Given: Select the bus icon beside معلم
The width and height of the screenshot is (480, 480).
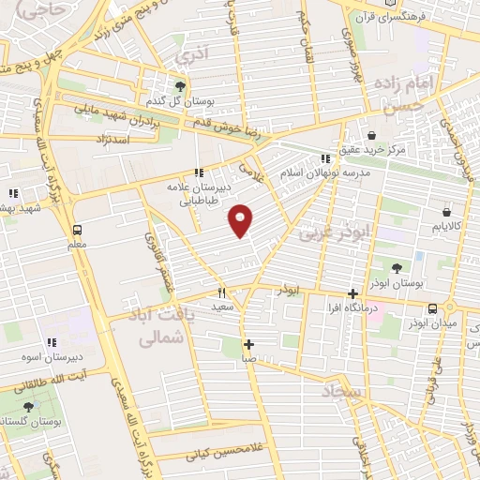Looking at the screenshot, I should point(77,230).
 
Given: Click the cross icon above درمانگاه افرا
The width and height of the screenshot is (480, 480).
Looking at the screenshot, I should point(352,294).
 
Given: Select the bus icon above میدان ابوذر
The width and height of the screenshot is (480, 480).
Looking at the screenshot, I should point(433,308).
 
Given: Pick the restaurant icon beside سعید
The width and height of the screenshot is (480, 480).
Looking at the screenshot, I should point(221,292).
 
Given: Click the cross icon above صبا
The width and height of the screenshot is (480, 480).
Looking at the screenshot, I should point(248,344).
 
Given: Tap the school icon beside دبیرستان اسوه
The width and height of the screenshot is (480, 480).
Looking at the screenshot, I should point(52,343).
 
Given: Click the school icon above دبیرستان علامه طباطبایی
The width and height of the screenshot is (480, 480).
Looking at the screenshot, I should point(198,172).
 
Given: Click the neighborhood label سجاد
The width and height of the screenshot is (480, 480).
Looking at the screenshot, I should point(344,389).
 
